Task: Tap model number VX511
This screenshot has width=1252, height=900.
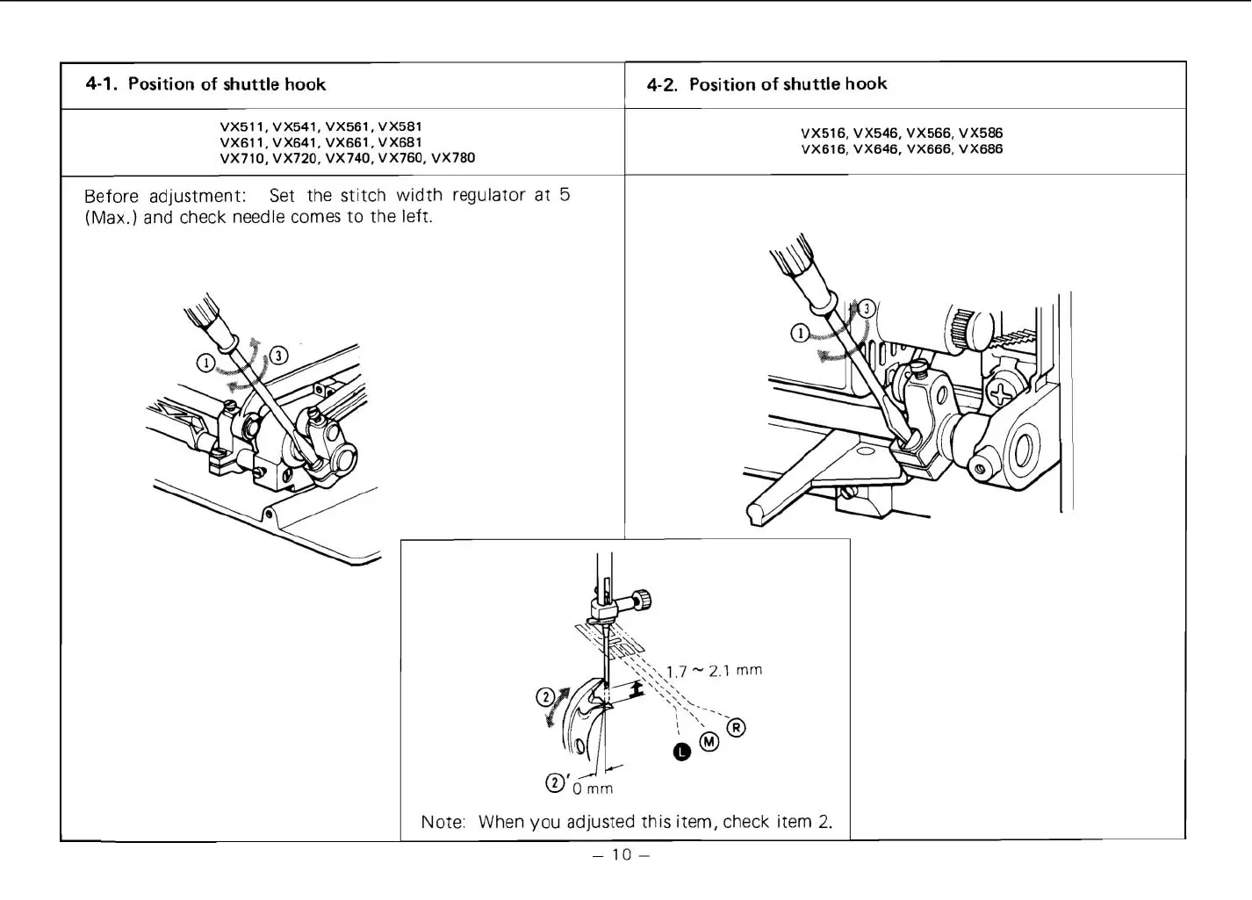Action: [x=242, y=126]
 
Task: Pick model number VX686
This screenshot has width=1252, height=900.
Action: [x=981, y=149]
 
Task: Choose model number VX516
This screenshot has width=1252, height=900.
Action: [x=823, y=133]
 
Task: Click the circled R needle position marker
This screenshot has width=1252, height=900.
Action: [x=737, y=728]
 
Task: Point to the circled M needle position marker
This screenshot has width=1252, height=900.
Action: [x=709, y=743]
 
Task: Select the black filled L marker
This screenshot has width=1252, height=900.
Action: [x=682, y=750]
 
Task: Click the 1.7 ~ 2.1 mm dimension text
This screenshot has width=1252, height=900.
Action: [x=714, y=671]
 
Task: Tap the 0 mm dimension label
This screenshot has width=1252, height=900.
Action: [x=593, y=788]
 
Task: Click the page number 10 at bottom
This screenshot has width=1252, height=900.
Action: [x=622, y=855]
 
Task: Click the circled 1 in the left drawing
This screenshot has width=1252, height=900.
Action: [x=205, y=363]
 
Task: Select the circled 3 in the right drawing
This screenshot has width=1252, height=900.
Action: [x=867, y=308]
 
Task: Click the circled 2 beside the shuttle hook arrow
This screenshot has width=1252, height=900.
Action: [x=544, y=698]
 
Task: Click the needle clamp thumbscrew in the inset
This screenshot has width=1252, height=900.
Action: [x=643, y=601]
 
